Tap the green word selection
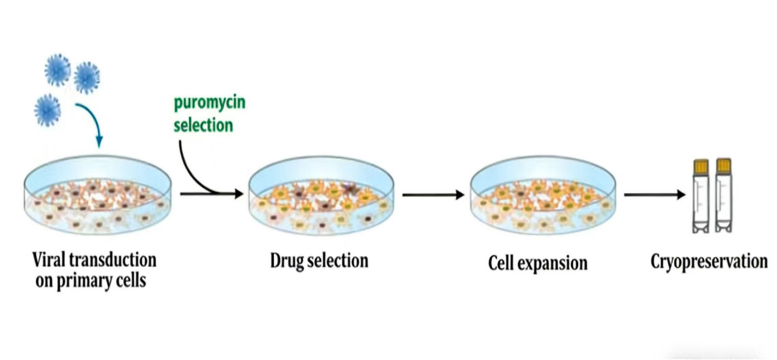click(203, 125)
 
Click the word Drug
click(286, 261)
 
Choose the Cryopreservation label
click(709, 262)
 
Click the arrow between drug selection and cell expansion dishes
click(433, 195)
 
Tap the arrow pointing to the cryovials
click(654, 194)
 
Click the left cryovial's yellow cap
click(701, 166)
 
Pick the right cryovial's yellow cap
click(723, 165)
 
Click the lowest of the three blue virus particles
click(47, 110)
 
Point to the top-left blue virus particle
click(57, 70)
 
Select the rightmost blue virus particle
click(87, 78)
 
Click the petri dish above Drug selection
click(321, 195)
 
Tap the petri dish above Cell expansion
click(543, 195)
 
